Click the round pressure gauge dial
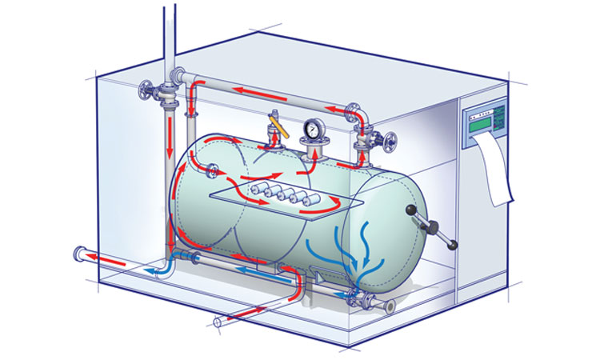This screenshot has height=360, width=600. (x=312, y=128)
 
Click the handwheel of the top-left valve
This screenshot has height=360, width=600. (x=147, y=90)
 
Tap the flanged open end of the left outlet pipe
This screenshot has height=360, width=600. (x=79, y=254)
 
